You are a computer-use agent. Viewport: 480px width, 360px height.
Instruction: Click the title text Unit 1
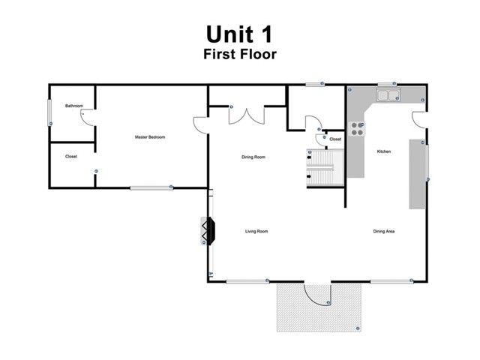(240, 34)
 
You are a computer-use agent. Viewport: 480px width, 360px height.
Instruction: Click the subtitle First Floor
(240, 54)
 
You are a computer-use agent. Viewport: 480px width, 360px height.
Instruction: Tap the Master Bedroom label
(150, 137)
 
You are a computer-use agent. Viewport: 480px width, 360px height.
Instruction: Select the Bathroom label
(73, 106)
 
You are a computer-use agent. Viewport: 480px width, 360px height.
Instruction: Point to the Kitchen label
(383, 152)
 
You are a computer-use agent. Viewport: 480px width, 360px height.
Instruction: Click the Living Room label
(256, 232)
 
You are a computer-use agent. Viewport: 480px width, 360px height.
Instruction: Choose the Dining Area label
(384, 232)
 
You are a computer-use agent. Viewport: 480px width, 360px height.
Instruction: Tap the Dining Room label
(253, 157)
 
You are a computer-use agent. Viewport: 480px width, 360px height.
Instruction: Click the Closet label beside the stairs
(335, 139)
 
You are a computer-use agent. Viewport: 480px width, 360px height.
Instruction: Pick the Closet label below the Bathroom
(71, 157)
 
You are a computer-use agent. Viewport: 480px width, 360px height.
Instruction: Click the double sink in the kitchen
(388, 95)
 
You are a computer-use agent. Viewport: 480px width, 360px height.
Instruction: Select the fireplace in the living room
(207, 231)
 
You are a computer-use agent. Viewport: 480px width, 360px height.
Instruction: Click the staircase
(327, 168)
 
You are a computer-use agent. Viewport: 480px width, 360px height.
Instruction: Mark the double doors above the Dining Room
(247, 115)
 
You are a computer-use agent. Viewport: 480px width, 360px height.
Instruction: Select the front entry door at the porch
(316, 293)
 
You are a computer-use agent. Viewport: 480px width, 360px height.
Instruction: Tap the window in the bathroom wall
(50, 113)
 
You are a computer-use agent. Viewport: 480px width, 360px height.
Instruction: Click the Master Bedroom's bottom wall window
(150, 187)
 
